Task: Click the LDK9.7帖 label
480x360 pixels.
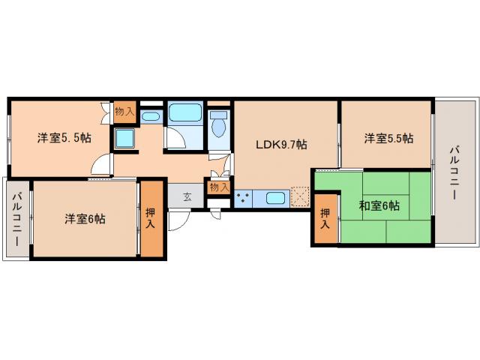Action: (x=281, y=145)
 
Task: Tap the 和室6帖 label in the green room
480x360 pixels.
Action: (x=379, y=205)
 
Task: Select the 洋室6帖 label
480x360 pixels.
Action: (x=84, y=219)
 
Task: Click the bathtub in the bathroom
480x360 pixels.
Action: (x=184, y=113)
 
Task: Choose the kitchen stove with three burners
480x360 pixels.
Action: (x=243, y=199)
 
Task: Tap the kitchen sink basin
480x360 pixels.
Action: (x=275, y=199)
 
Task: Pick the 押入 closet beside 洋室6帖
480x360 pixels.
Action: (x=151, y=219)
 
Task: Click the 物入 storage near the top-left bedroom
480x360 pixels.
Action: (x=124, y=112)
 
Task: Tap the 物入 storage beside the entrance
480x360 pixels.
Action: (x=219, y=187)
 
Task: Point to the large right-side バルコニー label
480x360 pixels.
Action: (x=455, y=173)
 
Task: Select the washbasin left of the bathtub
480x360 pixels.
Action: (x=150, y=116)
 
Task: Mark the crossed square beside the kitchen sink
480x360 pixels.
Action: (x=301, y=198)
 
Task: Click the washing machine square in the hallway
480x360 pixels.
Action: (x=124, y=139)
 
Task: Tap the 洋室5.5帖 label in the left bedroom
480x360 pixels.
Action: (x=65, y=138)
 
